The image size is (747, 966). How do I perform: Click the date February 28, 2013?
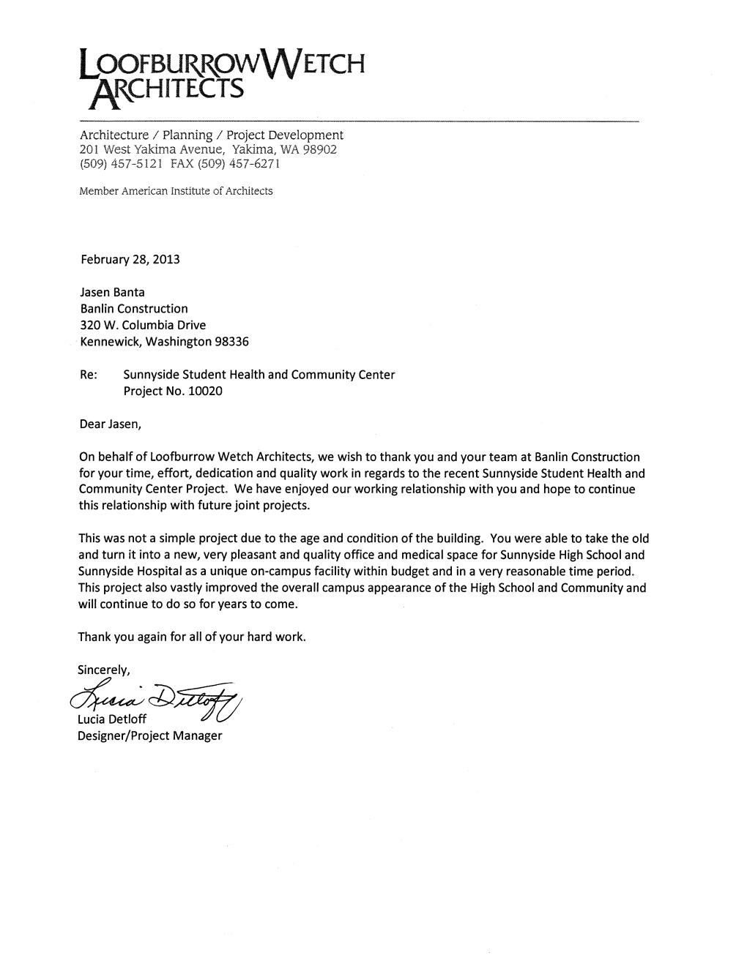[x=129, y=260]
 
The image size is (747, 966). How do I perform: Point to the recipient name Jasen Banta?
[x=112, y=292]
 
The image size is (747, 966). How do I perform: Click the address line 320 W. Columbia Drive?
[x=143, y=325]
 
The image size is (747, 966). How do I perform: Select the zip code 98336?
[x=231, y=341]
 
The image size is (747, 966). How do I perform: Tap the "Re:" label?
[x=88, y=375]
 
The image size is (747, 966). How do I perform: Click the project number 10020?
[x=205, y=391]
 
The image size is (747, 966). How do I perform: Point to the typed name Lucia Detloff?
[x=112, y=719]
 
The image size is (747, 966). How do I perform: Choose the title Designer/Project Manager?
[x=149, y=735]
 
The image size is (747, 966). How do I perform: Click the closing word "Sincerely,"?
[x=104, y=669]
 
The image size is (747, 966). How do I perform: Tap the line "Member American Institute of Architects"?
[x=176, y=191]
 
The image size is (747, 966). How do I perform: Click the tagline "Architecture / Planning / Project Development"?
[x=211, y=135]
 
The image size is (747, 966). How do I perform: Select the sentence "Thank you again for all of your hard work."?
[x=192, y=637]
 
